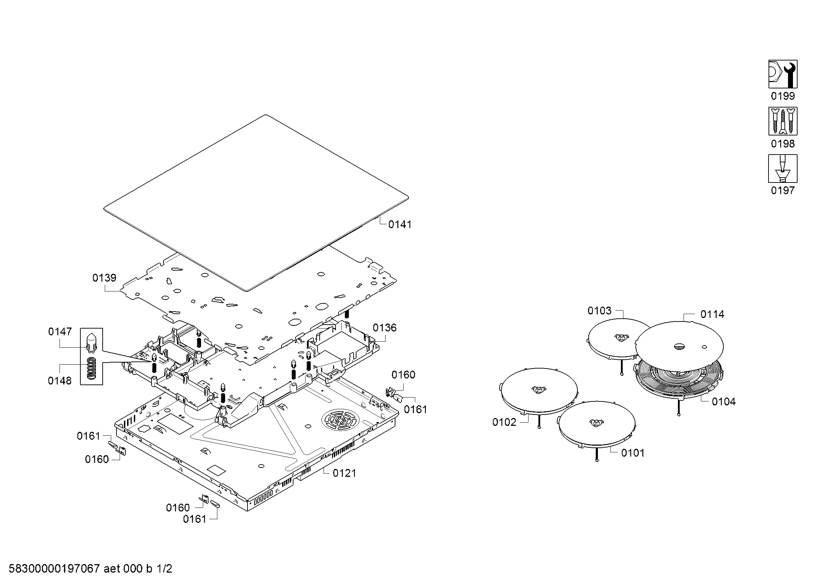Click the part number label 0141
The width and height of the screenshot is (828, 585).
tap(400, 225)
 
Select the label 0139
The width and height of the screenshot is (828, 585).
tap(104, 278)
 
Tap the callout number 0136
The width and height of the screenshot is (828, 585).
tap(384, 328)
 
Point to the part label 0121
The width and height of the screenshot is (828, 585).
tap(344, 473)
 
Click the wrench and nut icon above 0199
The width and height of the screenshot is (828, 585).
tap(783, 74)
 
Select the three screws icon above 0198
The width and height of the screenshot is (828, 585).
tap(783, 121)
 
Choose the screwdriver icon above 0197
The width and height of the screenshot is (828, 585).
tap(783, 169)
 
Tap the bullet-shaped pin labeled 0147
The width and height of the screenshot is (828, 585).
tap(92, 343)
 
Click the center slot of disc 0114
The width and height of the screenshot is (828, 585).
tap(678, 346)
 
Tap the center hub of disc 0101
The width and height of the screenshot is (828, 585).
tap(595, 423)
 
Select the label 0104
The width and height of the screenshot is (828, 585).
tap(724, 402)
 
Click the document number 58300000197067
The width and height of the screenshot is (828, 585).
tap(54, 569)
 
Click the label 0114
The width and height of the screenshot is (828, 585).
tap(712, 314)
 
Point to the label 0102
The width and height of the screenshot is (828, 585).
tap(504, 422)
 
